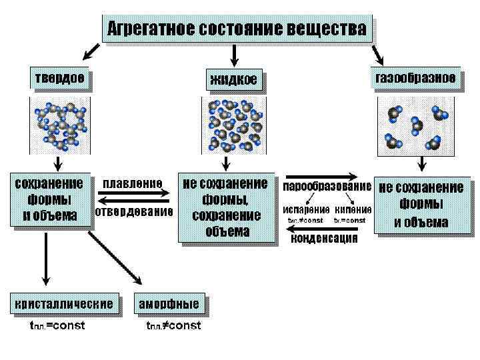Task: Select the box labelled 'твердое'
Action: pyautogui.click(x=59, y=79)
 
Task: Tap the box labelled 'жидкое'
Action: pyautogui.click(x=233, y=81)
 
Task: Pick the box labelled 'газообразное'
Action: pyautogui.click(x=416, y=78)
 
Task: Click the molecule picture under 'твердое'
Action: pyautogui.click(x=59, y=124)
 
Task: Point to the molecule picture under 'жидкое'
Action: pyautogui.click(x=233, y=124)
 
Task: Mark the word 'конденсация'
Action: pyautogui.click(x=325, y=238)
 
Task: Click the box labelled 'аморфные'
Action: pyautogui.click(x=169, y=304)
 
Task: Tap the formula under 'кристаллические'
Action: pyautogui.click(x=57, y=326)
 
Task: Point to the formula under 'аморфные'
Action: pyautogui.click(x=173, y=326)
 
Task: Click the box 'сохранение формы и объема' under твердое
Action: pyautogui.click(x=49, y=199)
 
